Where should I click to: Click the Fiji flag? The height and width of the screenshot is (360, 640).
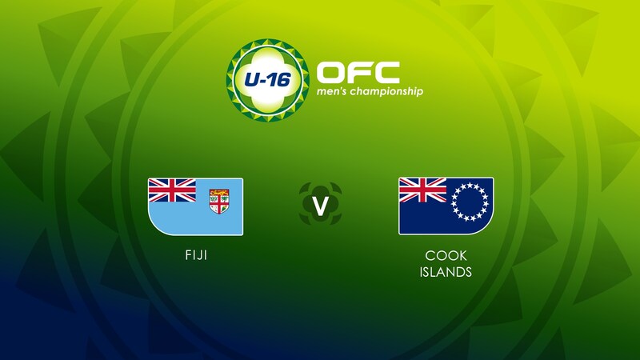pos(195,206)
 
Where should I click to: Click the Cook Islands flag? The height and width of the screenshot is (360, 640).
pos(446,206)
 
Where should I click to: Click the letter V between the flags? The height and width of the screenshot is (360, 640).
pos(320,206)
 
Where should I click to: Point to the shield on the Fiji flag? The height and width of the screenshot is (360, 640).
pos(218,199)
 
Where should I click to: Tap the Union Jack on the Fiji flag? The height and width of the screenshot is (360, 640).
pos(172,190)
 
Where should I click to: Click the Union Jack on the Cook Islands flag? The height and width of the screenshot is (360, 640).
pos(422,190)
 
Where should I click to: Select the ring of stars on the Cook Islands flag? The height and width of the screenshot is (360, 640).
pos(470,200)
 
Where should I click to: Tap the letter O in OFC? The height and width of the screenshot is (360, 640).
pos(332,72)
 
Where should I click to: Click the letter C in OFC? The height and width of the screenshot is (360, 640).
pos(385,72)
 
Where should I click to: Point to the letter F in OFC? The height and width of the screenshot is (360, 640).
pos(358,72)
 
